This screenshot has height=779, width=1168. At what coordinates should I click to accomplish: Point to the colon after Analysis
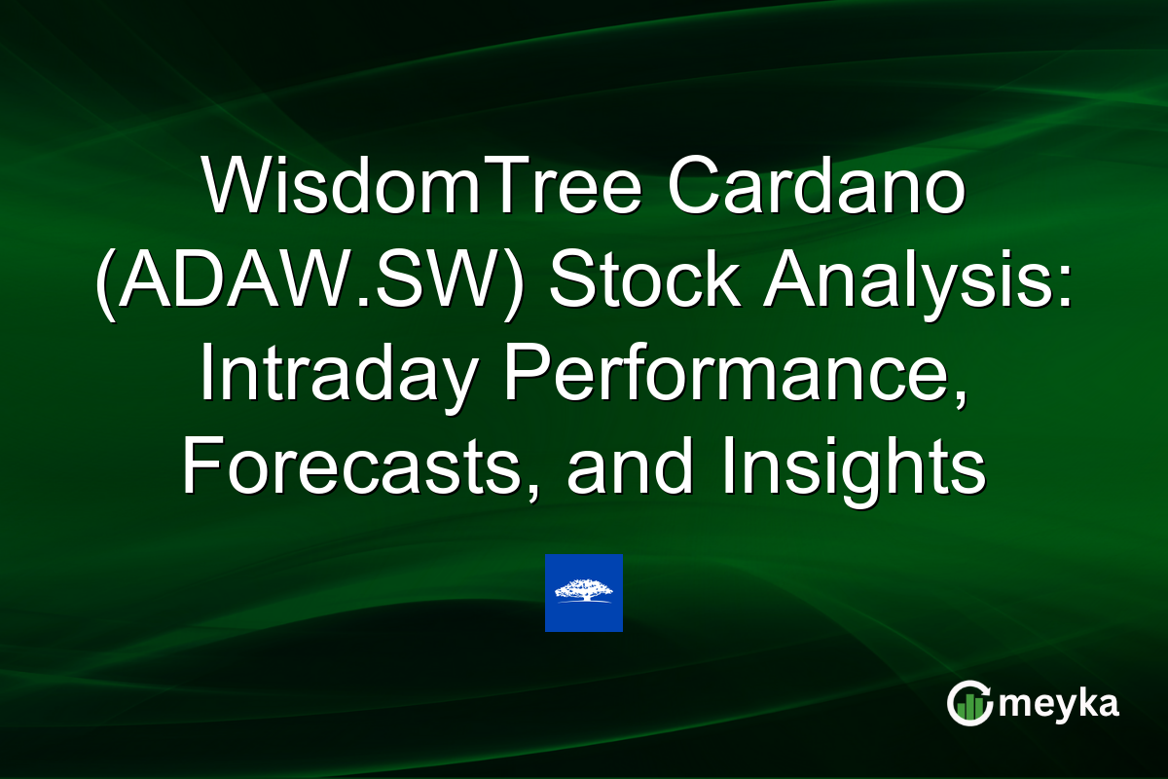coord(1062,289)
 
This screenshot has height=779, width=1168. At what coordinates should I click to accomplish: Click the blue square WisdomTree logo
coord(583,593)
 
